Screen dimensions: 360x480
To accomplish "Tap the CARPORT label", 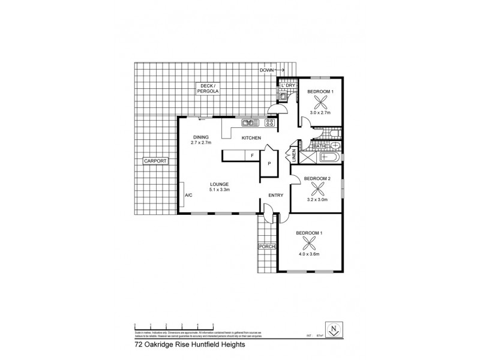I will tap(154, 161).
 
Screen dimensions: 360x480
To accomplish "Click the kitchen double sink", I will tap(250, 123).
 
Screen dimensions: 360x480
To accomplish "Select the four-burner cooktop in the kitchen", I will tap(269, 123).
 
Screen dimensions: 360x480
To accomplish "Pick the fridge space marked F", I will tap(252, 156).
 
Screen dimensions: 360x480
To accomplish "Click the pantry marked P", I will tap(269, 164).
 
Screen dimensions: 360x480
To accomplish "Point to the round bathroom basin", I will tap(334, 145).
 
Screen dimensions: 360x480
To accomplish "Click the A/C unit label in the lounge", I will tap(188, 195).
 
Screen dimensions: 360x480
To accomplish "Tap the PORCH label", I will tap(266, 247).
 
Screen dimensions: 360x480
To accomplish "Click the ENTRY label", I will tap(275, 195).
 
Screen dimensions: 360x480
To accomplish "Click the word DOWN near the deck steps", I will tap(267, 70).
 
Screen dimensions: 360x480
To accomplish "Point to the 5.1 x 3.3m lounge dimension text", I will tap(220, 190).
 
